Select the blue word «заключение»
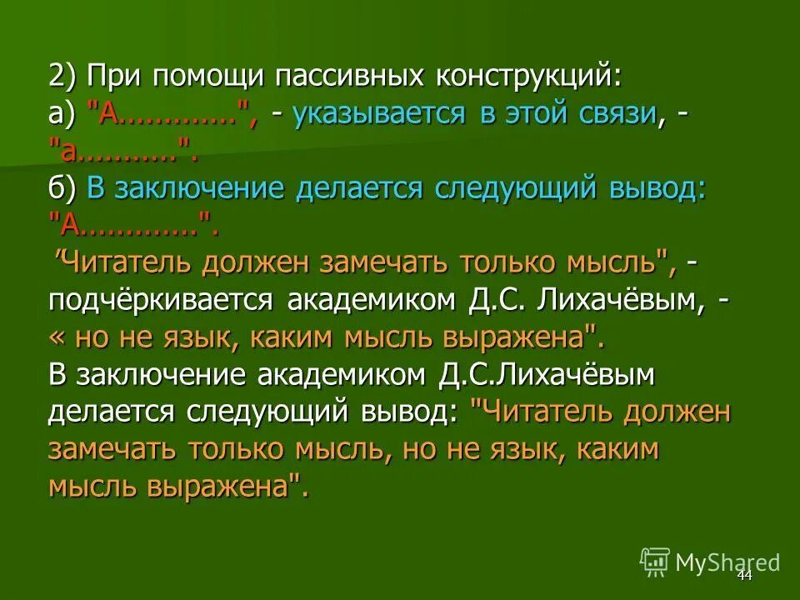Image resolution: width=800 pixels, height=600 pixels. [x=193, y=188]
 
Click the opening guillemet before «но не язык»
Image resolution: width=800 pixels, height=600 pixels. [x=58, y=338]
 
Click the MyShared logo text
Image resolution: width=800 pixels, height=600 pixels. [x=727, y=562]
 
